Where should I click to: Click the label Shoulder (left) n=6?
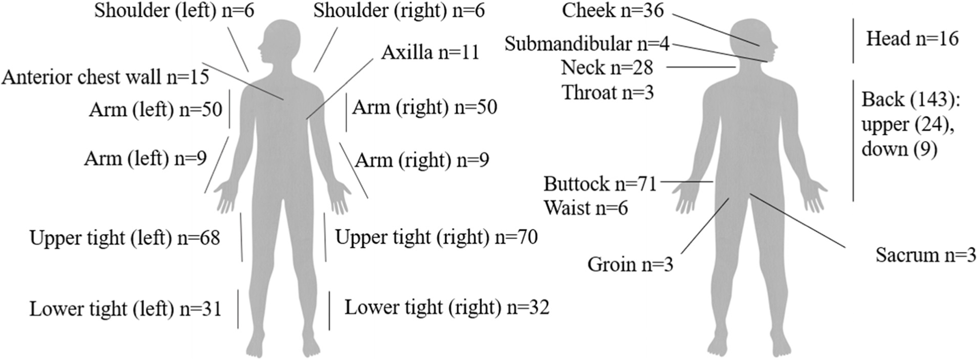click(x=174, y=11)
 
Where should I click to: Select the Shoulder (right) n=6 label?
click(x=399, y=11)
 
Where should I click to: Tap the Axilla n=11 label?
click(x=430, y=52)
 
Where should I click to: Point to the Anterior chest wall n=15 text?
click(x=105, y=77)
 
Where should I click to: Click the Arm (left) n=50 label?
click(x=155, y=110)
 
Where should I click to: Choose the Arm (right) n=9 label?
click(x=422, y=160)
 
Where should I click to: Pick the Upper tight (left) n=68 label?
click(x=125, y=238)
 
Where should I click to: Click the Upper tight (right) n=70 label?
click(x=436, y=237)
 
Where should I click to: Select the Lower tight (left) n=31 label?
click(x=125, y=309)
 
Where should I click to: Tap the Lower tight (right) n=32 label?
click(x=447, y=307)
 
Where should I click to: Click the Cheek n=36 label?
click(x=613, y=11)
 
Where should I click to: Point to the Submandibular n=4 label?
click(x=587, y=44)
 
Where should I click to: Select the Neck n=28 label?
click(x=607, y=67)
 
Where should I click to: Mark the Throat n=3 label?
click(x=608, y=93)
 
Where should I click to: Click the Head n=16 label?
click(x=912, y=39)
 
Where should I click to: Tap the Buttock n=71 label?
click(x=600, y=184)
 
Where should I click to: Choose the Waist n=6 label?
click(x=585, y=208)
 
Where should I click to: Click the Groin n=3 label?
click(x=630, y=264)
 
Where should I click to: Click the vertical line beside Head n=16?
click(x=853, y=40)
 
